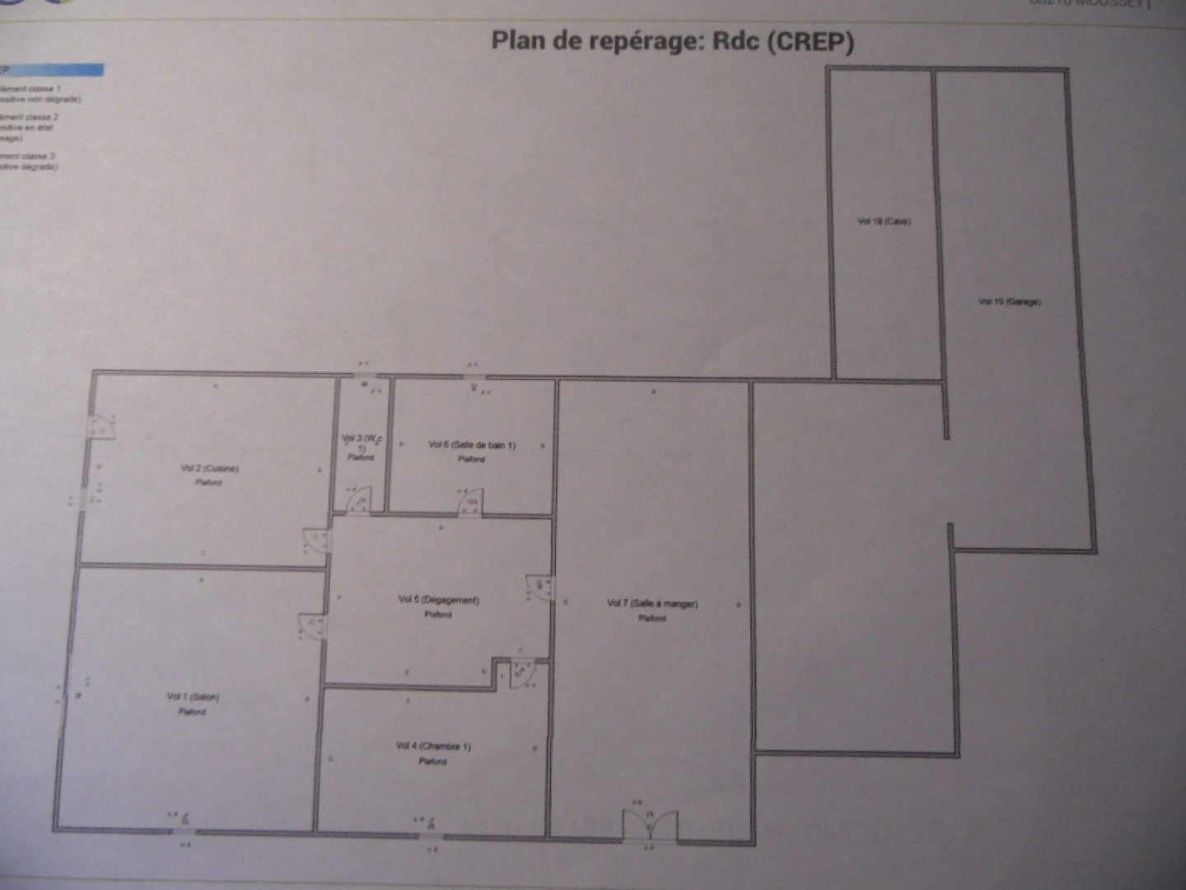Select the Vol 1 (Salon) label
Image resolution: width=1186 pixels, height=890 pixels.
tap(193, 697)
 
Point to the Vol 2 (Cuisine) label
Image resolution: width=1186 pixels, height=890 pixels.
tap(209, 468)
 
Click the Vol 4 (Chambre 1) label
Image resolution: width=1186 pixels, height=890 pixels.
tap(433, 747)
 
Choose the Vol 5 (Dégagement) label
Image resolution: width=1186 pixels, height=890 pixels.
tap(438, 600)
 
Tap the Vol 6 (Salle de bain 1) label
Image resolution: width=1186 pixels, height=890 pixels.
tap(472, 445)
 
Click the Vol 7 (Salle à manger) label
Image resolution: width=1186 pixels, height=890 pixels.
tap(652, 603)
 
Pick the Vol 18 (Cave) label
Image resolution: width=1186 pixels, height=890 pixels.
tap(884, 221)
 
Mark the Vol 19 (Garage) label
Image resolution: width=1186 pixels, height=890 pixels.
tap(1009, 302)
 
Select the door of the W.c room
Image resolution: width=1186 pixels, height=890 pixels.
tap(358, 501)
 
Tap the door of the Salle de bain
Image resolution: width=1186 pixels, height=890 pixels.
tap(470, 502)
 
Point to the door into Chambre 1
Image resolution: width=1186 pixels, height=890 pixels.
tap(522, 672)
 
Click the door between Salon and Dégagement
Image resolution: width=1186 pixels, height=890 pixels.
tap(313, 627)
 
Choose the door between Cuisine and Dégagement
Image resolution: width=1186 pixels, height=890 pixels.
tap(316, 541)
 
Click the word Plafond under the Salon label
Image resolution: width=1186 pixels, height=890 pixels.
tap(193, 712)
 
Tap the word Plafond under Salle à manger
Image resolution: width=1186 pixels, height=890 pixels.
tap(651, 618)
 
